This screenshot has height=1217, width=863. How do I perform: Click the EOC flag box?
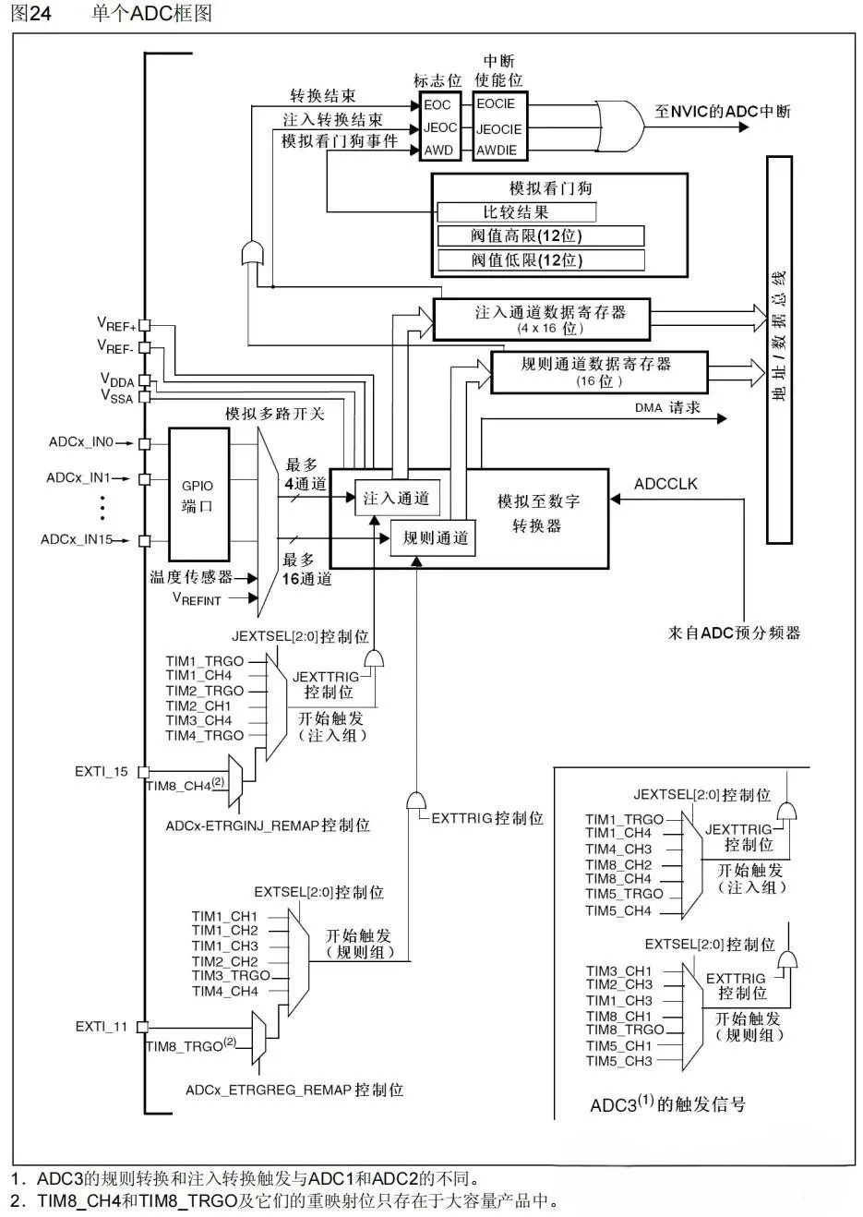point(437,105)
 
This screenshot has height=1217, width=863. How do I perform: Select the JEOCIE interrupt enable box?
point(499,129)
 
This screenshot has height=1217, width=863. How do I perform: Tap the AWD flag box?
point(438,150)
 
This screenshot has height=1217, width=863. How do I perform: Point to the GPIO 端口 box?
point(198,496)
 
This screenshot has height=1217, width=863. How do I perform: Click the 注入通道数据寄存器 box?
point(543,319)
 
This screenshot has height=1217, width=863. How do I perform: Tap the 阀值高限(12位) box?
point(540,235)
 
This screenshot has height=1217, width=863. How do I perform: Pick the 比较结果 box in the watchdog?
point(516,212)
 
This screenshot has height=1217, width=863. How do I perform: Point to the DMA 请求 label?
point(667,407)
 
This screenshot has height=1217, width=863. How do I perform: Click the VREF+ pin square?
point(144,326)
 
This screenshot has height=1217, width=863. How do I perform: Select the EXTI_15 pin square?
point(144,771)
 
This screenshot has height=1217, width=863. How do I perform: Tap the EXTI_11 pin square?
point(142,1026)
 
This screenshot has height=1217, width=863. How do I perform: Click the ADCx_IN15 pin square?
point(144,539)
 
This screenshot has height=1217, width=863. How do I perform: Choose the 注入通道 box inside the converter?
point(397,499)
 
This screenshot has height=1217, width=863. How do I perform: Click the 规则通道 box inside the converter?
point(435,537)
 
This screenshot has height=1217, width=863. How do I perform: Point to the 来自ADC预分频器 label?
point(734,633)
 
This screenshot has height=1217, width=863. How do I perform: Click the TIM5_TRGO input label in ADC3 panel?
point(625,894)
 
